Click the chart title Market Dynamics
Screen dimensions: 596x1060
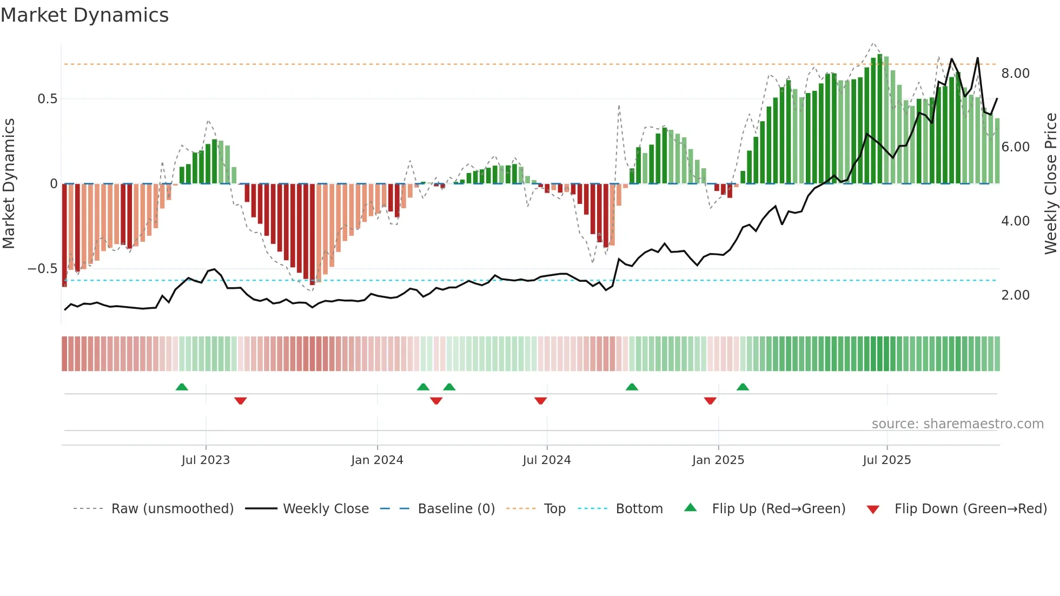84,15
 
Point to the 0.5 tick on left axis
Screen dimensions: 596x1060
47,99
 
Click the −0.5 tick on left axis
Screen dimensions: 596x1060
43,269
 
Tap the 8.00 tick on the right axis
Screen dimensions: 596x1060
1015,74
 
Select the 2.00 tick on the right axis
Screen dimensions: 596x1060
1015,295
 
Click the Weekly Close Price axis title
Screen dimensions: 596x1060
1050,184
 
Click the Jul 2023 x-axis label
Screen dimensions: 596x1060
206,460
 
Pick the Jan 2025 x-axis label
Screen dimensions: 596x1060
718,460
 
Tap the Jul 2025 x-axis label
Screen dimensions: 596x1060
886,460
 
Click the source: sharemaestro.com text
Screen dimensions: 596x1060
957,424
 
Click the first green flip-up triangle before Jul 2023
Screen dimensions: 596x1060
182,387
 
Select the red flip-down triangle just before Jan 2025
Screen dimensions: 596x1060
710,401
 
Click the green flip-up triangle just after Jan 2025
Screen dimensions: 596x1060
743,387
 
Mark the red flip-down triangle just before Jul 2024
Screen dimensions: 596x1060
540,401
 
